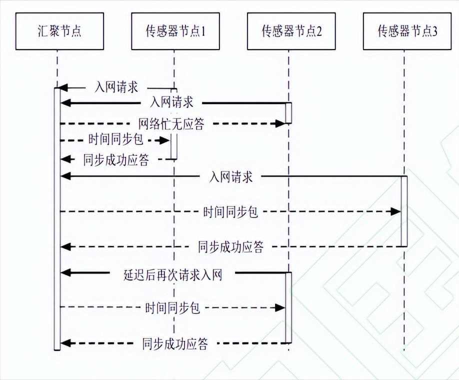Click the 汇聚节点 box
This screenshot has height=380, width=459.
tap(59, 31)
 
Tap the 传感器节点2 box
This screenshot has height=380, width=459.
tap(291, 31)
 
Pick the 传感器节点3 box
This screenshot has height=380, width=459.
tap(407, 31)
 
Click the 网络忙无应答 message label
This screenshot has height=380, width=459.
tap(171, 123)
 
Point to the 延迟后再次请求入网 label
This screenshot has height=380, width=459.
tap(172, 274)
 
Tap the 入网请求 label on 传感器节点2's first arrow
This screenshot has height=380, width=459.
tap(171, 102)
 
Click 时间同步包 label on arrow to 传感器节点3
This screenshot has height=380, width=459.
tap(230, 211)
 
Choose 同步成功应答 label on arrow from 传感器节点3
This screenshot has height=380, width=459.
tap(230, 246)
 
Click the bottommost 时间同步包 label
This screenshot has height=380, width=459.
tap(172, 307)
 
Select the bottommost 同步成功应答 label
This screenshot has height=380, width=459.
tap(175, 343)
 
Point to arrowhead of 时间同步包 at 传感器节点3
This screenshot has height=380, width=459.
tap(395, 211)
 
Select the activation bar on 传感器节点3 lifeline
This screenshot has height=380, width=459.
tap(404, 211)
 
